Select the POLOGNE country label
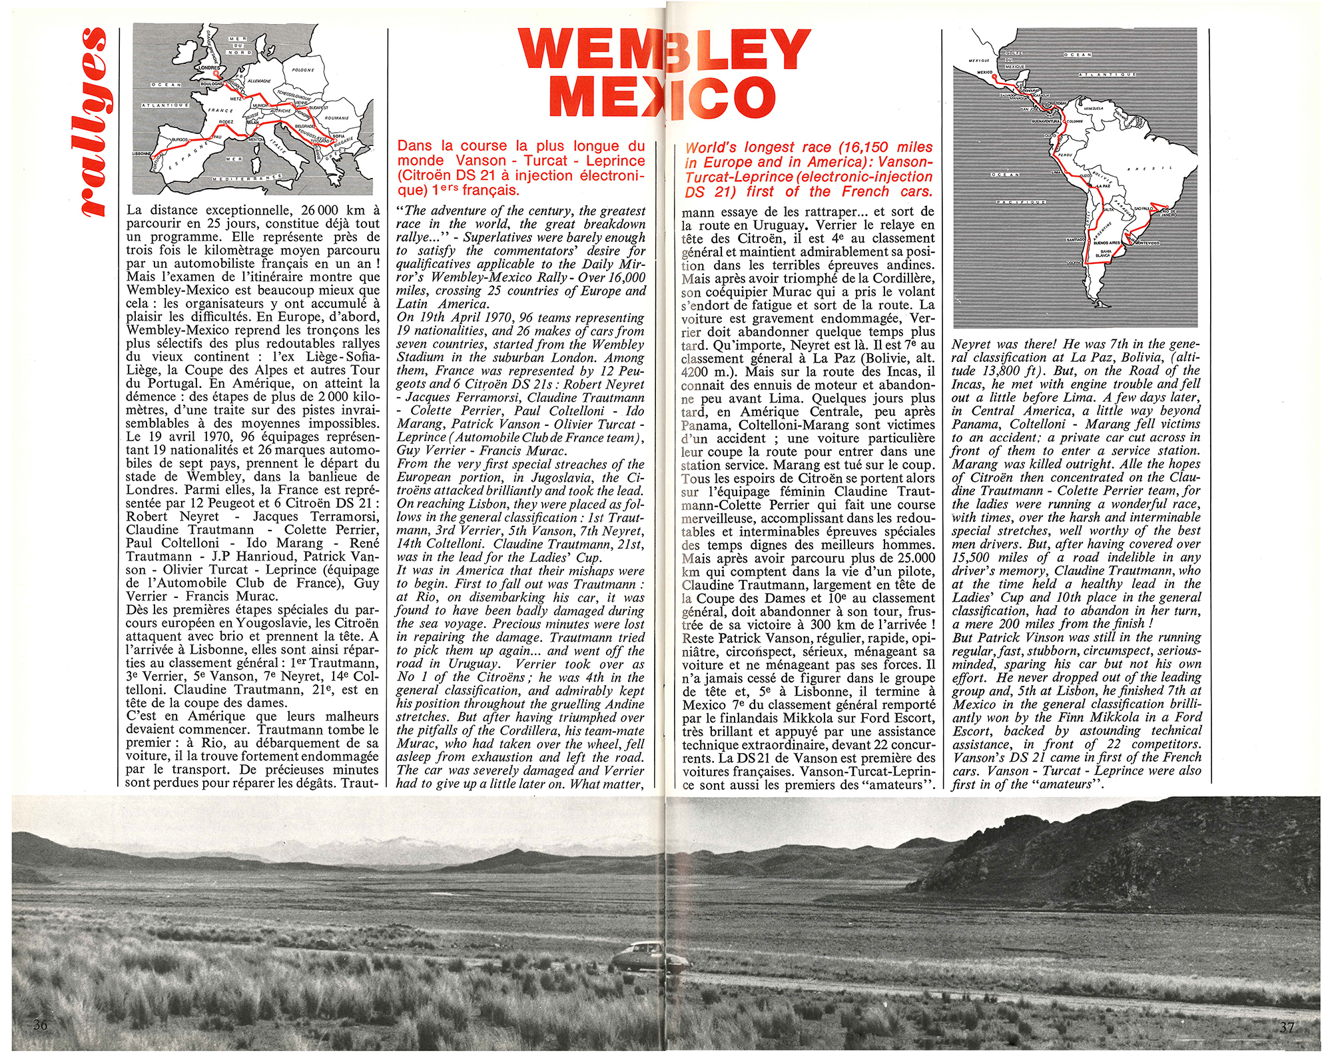click(303, 70)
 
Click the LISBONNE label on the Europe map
click(142, 154)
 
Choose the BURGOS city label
click(180, 140)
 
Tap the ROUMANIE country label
click(337, 118)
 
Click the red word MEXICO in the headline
click(663, 97)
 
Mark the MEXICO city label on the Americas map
click(984, 72)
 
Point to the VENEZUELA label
click(1094, 108)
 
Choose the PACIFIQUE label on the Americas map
click(1020, 202)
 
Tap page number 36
click(41, 1024)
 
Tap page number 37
click(1287, 1027)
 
